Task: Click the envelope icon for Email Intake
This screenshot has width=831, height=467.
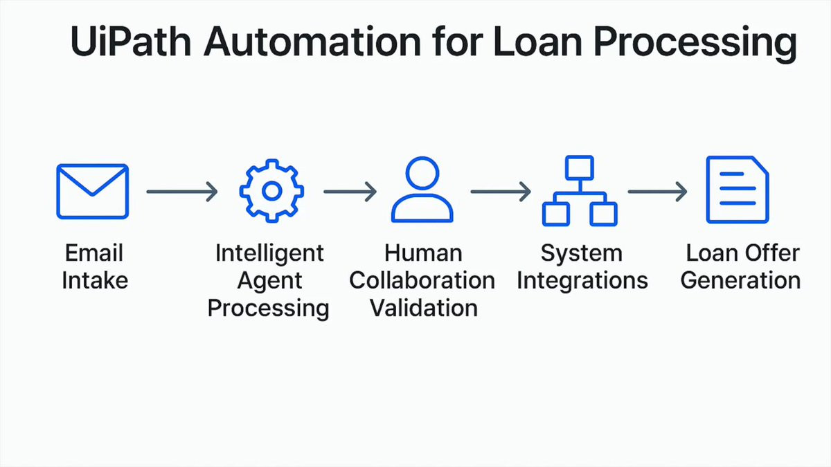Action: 92,191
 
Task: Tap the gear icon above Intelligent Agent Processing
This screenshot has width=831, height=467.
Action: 272,191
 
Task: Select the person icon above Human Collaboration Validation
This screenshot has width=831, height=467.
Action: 422,190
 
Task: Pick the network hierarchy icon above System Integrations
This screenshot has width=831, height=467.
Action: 579,191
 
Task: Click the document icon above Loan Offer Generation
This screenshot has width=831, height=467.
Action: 737,190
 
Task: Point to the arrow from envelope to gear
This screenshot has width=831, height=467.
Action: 181,191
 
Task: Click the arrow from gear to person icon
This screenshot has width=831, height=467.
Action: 350,191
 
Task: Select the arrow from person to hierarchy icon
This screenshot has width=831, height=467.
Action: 501,191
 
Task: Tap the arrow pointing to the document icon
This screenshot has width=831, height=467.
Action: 657,191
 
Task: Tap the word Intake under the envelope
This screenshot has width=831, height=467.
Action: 95,281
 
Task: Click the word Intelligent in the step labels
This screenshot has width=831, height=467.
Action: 269,253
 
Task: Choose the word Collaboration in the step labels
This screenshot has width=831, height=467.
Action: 422,281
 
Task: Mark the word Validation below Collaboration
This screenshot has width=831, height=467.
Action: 423,307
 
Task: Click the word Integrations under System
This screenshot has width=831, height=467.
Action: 582,281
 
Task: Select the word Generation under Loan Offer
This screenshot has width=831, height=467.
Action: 740,281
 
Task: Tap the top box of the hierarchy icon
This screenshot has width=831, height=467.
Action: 579,167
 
